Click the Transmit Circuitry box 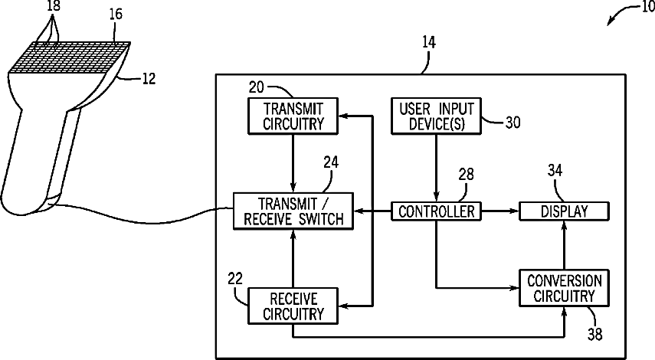[293, 116]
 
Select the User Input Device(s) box [436, 116]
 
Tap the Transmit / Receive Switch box [293, 211]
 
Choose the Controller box [436, 211]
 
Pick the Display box [564, 211]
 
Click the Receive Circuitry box [293, 306]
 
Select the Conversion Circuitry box [564, 288]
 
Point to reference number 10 [647, 7]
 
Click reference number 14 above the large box [428, 42]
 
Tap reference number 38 [595, 334]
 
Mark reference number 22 [235, 279]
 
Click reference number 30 [513, 123]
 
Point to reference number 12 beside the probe [149, 79]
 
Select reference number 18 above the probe [53, 6]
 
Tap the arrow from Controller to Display [500, 211]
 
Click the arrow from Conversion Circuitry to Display [564, 245]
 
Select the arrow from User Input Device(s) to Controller [436, 168]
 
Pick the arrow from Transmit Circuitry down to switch [293, 163]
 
